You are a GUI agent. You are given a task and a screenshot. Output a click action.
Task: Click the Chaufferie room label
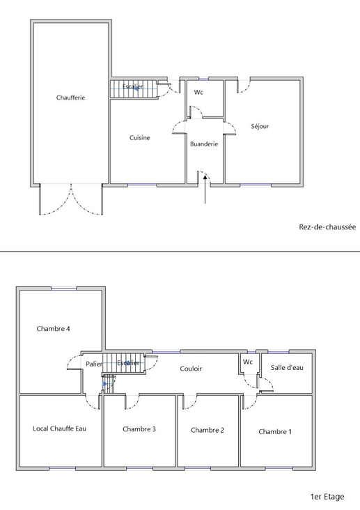(x=70, y=98)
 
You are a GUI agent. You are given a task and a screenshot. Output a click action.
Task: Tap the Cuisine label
(x=140, y=137)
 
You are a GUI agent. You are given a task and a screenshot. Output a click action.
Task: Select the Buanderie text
(x=204, y=144)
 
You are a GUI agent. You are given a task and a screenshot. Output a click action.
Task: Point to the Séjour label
(x=260, y=126)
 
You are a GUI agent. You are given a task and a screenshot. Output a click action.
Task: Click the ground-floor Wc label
(x=198, y=93)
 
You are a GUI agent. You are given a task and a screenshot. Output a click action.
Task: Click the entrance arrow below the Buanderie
(x=205, y=190)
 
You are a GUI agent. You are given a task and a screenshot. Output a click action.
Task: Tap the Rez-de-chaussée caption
(x=327, y=226)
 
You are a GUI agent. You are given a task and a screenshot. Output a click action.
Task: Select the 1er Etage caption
(x=327, y=497)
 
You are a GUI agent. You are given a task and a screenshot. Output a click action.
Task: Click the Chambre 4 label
(x=53, y=329)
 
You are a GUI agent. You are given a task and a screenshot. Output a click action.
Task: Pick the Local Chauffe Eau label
(x=59, y=428)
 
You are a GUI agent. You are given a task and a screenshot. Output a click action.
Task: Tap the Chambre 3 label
(x=139, y=429)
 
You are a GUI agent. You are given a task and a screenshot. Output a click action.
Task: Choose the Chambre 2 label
(x=208, y=430)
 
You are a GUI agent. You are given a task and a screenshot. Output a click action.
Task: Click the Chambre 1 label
(x=275, y=431)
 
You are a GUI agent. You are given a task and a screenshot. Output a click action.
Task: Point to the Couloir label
(x=191, y=369)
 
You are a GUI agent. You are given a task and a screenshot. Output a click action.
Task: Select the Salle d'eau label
(x=287, y=368)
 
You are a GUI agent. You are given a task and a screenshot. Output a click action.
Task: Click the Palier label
(x=94, y=364)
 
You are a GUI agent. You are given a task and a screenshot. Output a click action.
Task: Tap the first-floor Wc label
(x=248, y=362)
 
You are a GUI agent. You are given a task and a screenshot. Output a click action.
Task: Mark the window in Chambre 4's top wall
(x=64, y=288)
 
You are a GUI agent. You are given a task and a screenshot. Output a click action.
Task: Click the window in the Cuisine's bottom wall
(x=142, y=185)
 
